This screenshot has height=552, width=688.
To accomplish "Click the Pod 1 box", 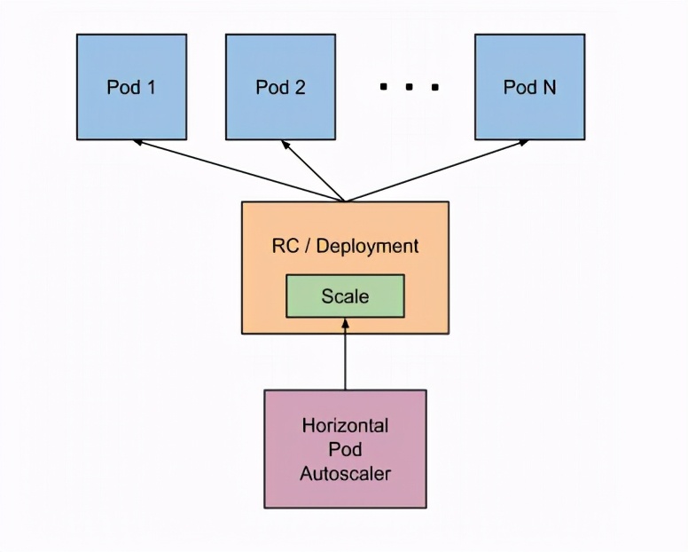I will click(x=131, y=87).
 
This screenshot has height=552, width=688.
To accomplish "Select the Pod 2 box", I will click(x=280, y=87).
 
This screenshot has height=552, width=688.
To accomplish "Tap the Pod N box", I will click(x=529, y=87).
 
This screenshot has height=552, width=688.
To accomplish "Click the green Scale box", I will click(x=345, y=296).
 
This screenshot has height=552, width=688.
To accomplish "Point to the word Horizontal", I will click(x=345, y=425).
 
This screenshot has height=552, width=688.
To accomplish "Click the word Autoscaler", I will click(x=345, y=473).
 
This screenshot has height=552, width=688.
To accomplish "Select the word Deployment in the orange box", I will click(x=367, y=246).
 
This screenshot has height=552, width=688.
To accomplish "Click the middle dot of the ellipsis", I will click(x=410, y=87).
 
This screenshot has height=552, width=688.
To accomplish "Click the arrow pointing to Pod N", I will click(x=434, y=170).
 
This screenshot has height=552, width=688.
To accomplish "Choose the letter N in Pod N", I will click(x=549, y=87).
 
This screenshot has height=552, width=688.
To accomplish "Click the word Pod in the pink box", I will click(x=345, y=449).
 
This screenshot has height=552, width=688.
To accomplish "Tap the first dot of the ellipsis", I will click(x=384, y=87).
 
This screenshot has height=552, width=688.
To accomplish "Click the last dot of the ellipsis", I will click(x=435, y=87).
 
